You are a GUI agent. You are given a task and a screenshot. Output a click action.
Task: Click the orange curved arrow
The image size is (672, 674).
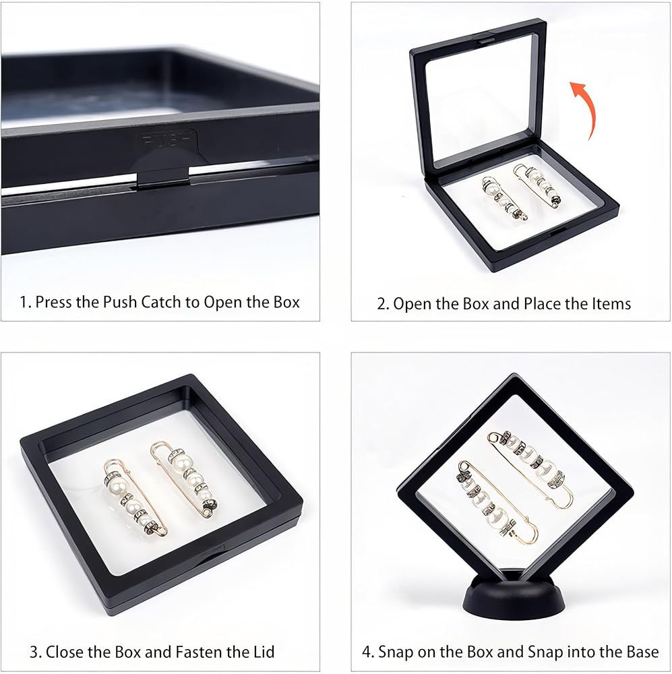point(588,107)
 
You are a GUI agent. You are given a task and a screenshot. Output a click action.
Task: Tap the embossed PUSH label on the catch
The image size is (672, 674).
point(166,140)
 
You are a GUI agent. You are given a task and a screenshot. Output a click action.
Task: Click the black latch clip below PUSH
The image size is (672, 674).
point(163,179)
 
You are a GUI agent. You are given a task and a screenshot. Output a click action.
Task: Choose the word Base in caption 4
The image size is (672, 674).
point(642,652)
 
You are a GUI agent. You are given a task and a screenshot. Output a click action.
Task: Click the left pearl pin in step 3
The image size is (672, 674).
point(135,498)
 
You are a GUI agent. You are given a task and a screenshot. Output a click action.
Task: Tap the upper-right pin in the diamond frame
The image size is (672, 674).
point(530,469)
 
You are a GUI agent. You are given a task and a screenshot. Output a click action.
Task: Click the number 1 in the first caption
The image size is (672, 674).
point(23,302)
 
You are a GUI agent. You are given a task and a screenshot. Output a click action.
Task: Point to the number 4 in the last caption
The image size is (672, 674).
point(366,652)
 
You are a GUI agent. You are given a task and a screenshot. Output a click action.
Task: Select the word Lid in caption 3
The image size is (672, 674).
point(264,652)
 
